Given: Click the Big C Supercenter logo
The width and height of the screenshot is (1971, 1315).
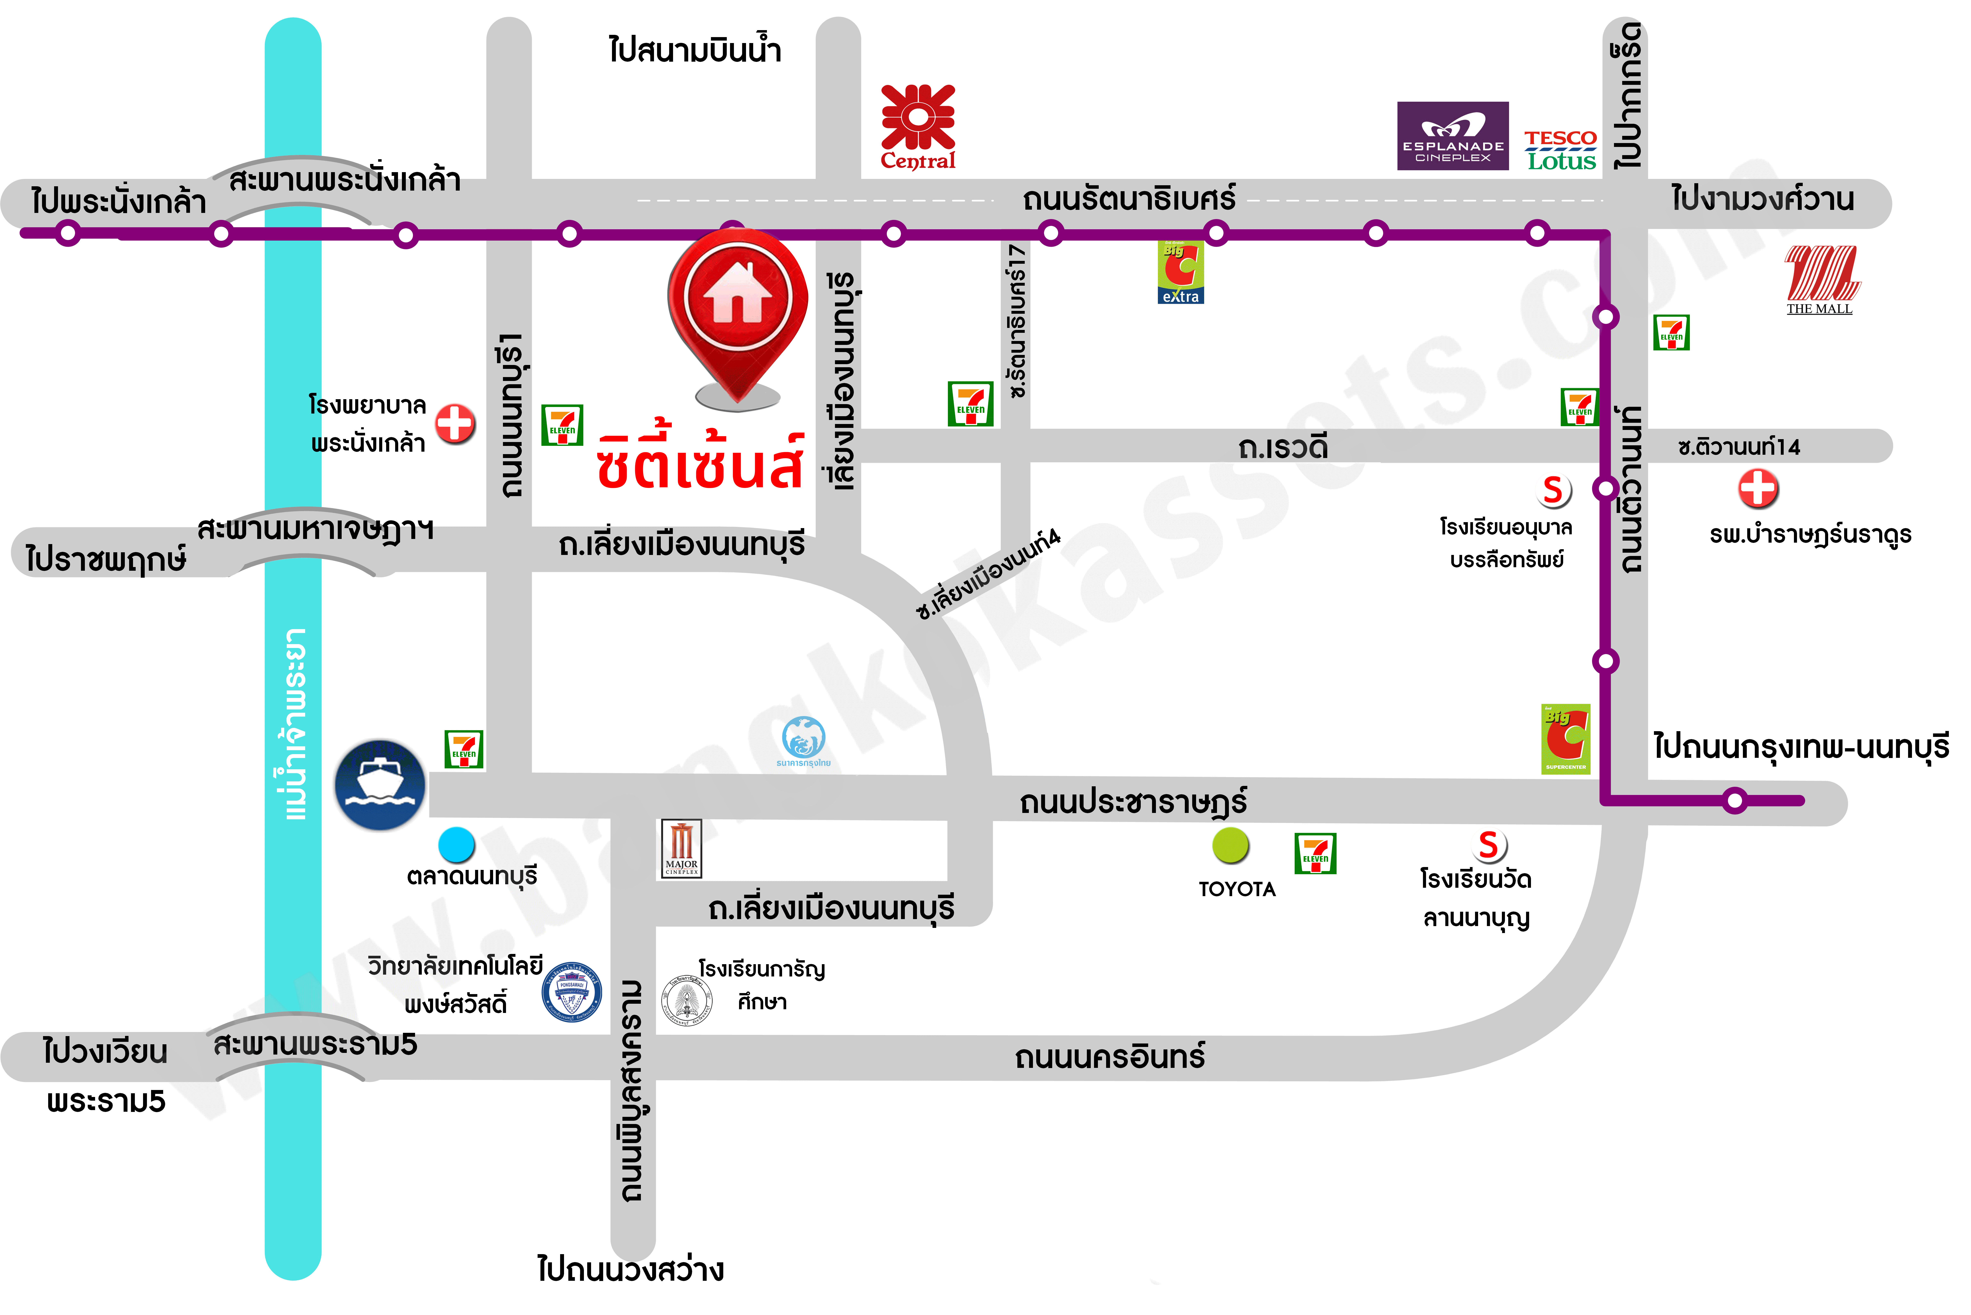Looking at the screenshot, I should coord(1565,738).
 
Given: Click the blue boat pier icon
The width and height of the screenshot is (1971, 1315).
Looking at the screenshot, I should coord(380,785).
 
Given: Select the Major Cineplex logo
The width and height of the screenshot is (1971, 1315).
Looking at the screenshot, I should coord(681,849).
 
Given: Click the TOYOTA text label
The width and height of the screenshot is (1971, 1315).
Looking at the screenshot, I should coord(1237,889).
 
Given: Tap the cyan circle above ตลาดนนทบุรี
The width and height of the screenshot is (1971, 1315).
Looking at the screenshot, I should coord(457,844).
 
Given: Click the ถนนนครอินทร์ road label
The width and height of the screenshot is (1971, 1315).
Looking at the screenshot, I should coord(1110,1057).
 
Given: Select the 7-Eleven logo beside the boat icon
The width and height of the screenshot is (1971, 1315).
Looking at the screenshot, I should coord(464,749).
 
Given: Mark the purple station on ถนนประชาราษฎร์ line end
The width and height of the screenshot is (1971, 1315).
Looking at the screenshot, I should coord(1734,801).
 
